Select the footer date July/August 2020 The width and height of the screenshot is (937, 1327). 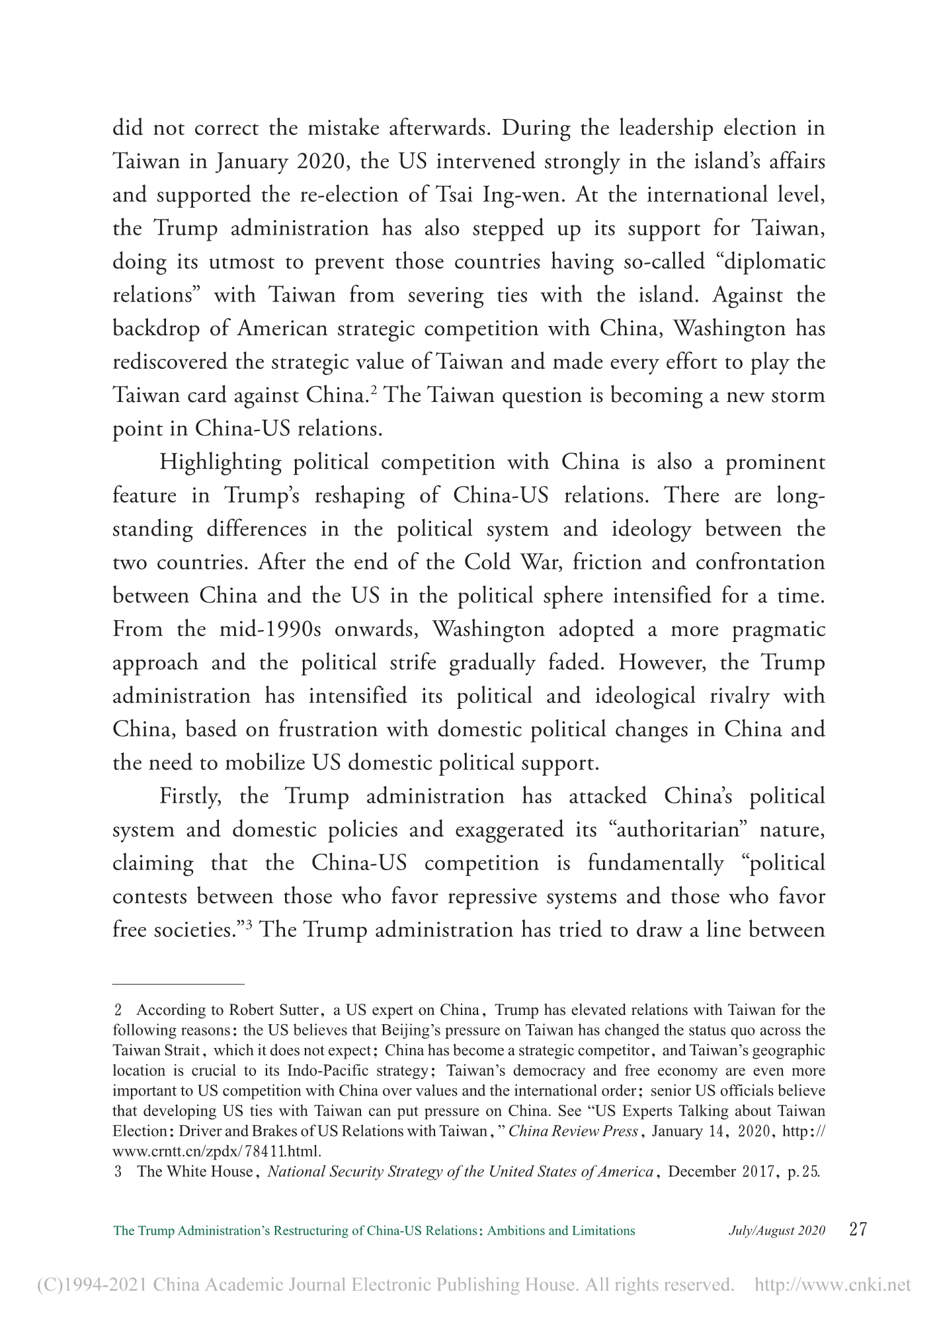pyautogui.click(x=776, y=1230)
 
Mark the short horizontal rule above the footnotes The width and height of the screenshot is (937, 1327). pyautogui.click(x=179, y=984)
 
